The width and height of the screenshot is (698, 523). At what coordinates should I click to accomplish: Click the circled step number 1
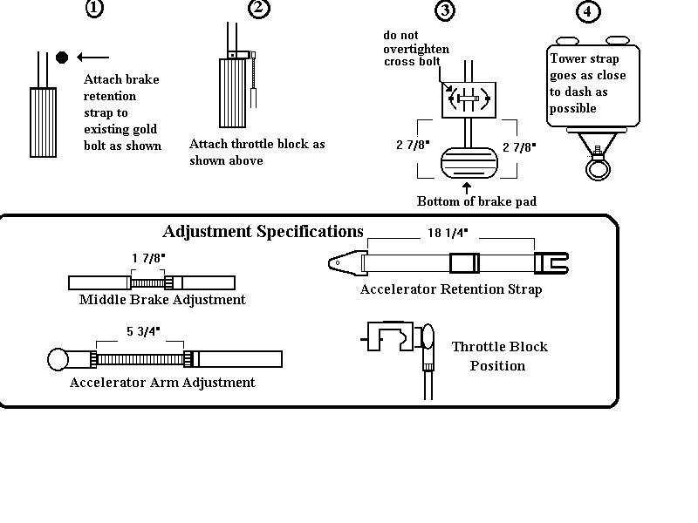(94, 9)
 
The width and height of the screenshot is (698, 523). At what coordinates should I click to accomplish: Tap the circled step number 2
(258, 9)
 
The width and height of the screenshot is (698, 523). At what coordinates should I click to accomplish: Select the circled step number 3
(445, 10)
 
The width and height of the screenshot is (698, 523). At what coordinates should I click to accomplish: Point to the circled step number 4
(589, 12)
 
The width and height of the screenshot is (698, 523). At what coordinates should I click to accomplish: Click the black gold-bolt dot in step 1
(62, 58)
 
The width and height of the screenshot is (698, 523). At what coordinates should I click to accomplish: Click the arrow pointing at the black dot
(92, 58)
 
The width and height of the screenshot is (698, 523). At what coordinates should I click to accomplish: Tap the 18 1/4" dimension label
(448, 233)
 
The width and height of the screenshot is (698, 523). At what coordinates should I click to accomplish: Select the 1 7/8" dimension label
(147, 259)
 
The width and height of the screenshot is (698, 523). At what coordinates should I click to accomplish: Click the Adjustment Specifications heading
(263, 232)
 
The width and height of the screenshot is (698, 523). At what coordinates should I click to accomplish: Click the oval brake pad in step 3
(469, 164)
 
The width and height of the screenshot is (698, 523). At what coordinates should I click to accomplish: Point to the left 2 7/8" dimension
(413, 146)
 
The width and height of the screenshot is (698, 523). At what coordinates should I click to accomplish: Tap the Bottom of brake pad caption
(476, 201)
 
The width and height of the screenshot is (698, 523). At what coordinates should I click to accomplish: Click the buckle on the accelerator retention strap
(464, 262)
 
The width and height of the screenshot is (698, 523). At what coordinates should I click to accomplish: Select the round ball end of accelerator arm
(58, 358)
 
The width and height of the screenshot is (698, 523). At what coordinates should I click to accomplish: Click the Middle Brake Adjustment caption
(162, 300)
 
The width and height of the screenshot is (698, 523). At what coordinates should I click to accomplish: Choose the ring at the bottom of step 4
(598, 166)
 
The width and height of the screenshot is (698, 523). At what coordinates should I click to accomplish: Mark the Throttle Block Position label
(499, 356)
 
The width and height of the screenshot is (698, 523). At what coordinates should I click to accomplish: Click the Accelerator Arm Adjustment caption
(162, 382)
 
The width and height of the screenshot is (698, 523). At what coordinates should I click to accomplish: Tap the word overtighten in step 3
(416, 49)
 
